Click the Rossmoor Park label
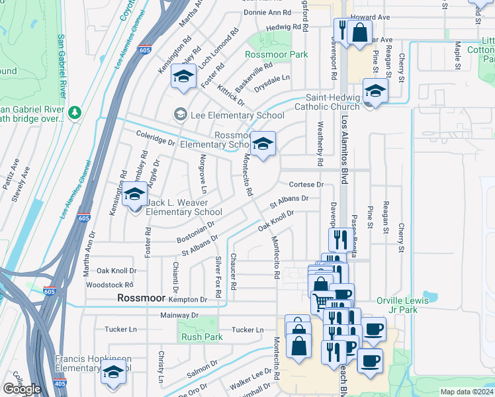(277, 54)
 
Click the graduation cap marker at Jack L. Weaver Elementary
(134, 196)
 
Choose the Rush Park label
(202, 337)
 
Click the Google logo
(22, 389)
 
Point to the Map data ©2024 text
(467, 392)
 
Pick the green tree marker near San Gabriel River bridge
(75, 112)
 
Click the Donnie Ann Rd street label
(267, 13)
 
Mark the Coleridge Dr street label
(156, 142)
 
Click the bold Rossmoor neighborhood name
(140, 298)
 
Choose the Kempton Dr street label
(179, 300)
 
